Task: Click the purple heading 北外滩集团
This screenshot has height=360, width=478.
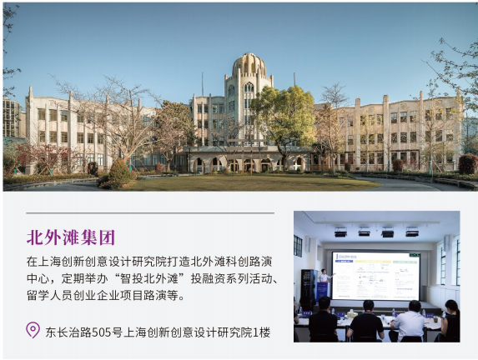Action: (71, 237)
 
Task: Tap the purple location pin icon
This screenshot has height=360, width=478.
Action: (33, 330)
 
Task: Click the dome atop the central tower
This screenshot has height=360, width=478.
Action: (249, 64)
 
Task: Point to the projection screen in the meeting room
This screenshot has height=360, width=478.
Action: (375, 276)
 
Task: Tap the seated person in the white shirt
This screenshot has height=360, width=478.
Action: (407, 322)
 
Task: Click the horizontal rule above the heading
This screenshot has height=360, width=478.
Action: (150, 212)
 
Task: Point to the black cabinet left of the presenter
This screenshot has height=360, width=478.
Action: (309, 287)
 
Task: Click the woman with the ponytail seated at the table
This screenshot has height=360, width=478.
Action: (450, 321)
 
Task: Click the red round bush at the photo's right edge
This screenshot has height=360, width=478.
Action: (468, 164)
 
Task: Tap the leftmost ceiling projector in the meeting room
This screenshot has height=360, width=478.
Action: (340, 232)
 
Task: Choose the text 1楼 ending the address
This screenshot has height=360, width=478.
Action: (262, 332)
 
